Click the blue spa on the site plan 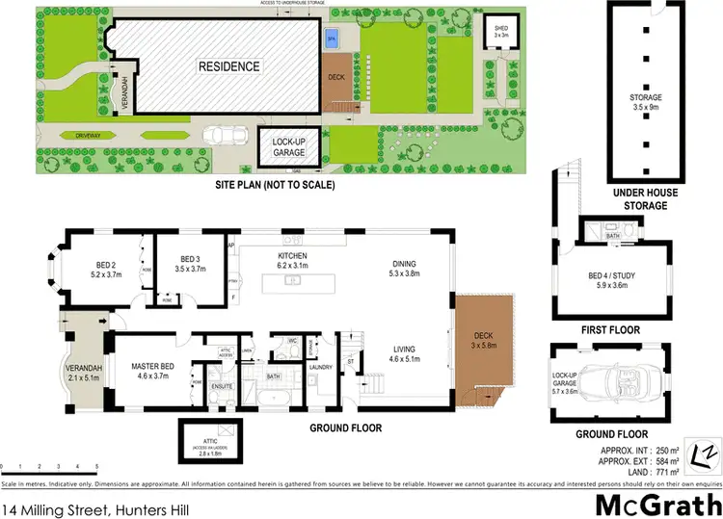coord(333,39)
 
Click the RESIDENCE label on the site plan coord(229,67)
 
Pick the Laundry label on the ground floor coord(320,367)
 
